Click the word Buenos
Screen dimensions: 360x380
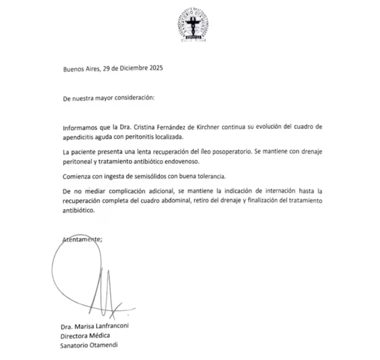(x=74, y=68)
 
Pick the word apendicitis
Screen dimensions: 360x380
(x=79, y=137)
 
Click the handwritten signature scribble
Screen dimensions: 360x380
(x=90, y=280)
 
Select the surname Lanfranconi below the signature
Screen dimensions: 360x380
(x=113, y=327)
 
